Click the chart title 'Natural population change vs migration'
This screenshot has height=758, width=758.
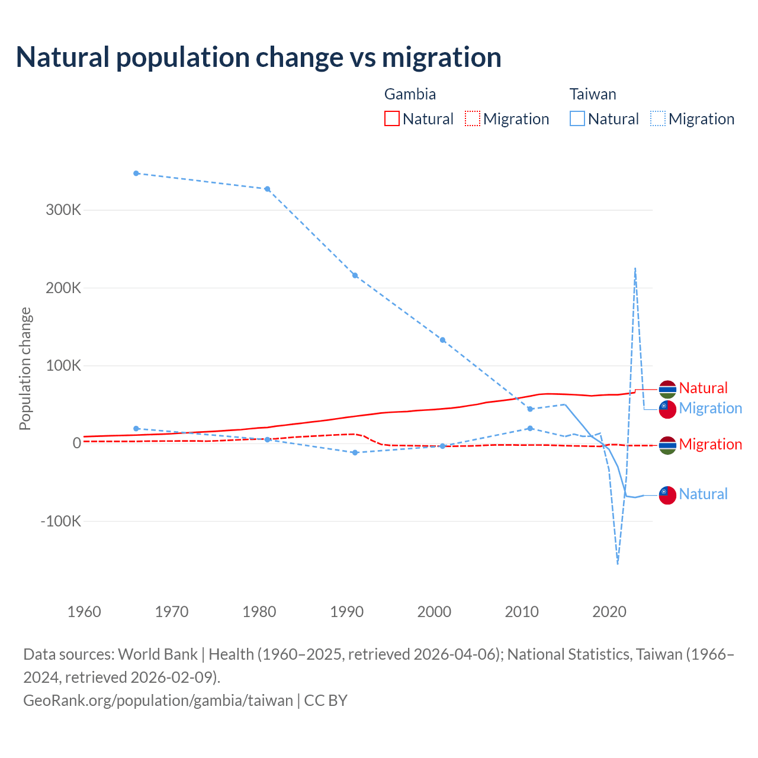point(259,57)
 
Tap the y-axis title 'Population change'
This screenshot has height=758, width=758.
point(25,368)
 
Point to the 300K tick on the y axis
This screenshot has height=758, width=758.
point(63,210)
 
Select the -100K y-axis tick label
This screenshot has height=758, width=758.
point(60,522)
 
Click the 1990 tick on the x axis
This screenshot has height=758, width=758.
point(347,612)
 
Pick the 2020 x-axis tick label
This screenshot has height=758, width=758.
point(609,612)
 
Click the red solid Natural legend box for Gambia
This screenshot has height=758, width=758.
point(392,118)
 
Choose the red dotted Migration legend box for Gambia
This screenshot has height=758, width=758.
point(473,118)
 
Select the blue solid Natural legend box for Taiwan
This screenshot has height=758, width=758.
point(577,118)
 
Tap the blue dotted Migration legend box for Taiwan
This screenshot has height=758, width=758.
point(658,118)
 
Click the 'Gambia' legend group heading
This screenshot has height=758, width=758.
point(410,94)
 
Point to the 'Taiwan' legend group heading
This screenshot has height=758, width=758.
point(593,94)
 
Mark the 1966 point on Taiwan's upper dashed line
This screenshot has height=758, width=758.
point(136,174)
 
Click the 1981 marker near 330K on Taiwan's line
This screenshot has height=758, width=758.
point(267,189)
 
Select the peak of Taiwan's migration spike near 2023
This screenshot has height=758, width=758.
point(635,268)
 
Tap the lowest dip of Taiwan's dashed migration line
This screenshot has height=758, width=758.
point(618,563)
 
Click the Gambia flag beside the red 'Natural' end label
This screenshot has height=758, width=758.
point(667,389)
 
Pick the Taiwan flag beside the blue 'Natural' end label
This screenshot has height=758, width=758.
point(667,494)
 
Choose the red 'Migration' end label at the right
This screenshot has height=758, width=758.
point(710,445)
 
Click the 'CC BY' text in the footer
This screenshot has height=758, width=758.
point(326,701)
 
